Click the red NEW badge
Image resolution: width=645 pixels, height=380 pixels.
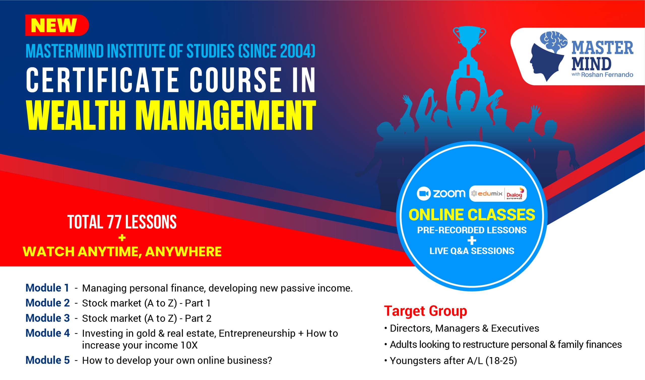click(57, 25)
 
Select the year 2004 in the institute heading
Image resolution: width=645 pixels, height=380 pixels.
click(296, 51)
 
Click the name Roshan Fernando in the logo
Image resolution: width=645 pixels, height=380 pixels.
click(607, 75)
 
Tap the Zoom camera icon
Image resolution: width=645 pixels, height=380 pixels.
click(424, 194)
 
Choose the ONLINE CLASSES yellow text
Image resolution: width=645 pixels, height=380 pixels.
click(472, 215)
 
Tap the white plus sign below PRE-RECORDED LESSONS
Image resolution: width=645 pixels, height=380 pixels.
click(472, 241)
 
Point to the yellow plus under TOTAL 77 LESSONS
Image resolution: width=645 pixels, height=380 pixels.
click(122, 238)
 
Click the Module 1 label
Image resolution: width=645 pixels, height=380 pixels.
click(47, 288)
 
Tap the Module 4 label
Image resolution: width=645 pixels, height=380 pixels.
click(48, 333)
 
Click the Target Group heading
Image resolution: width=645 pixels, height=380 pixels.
click(425, 311)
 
